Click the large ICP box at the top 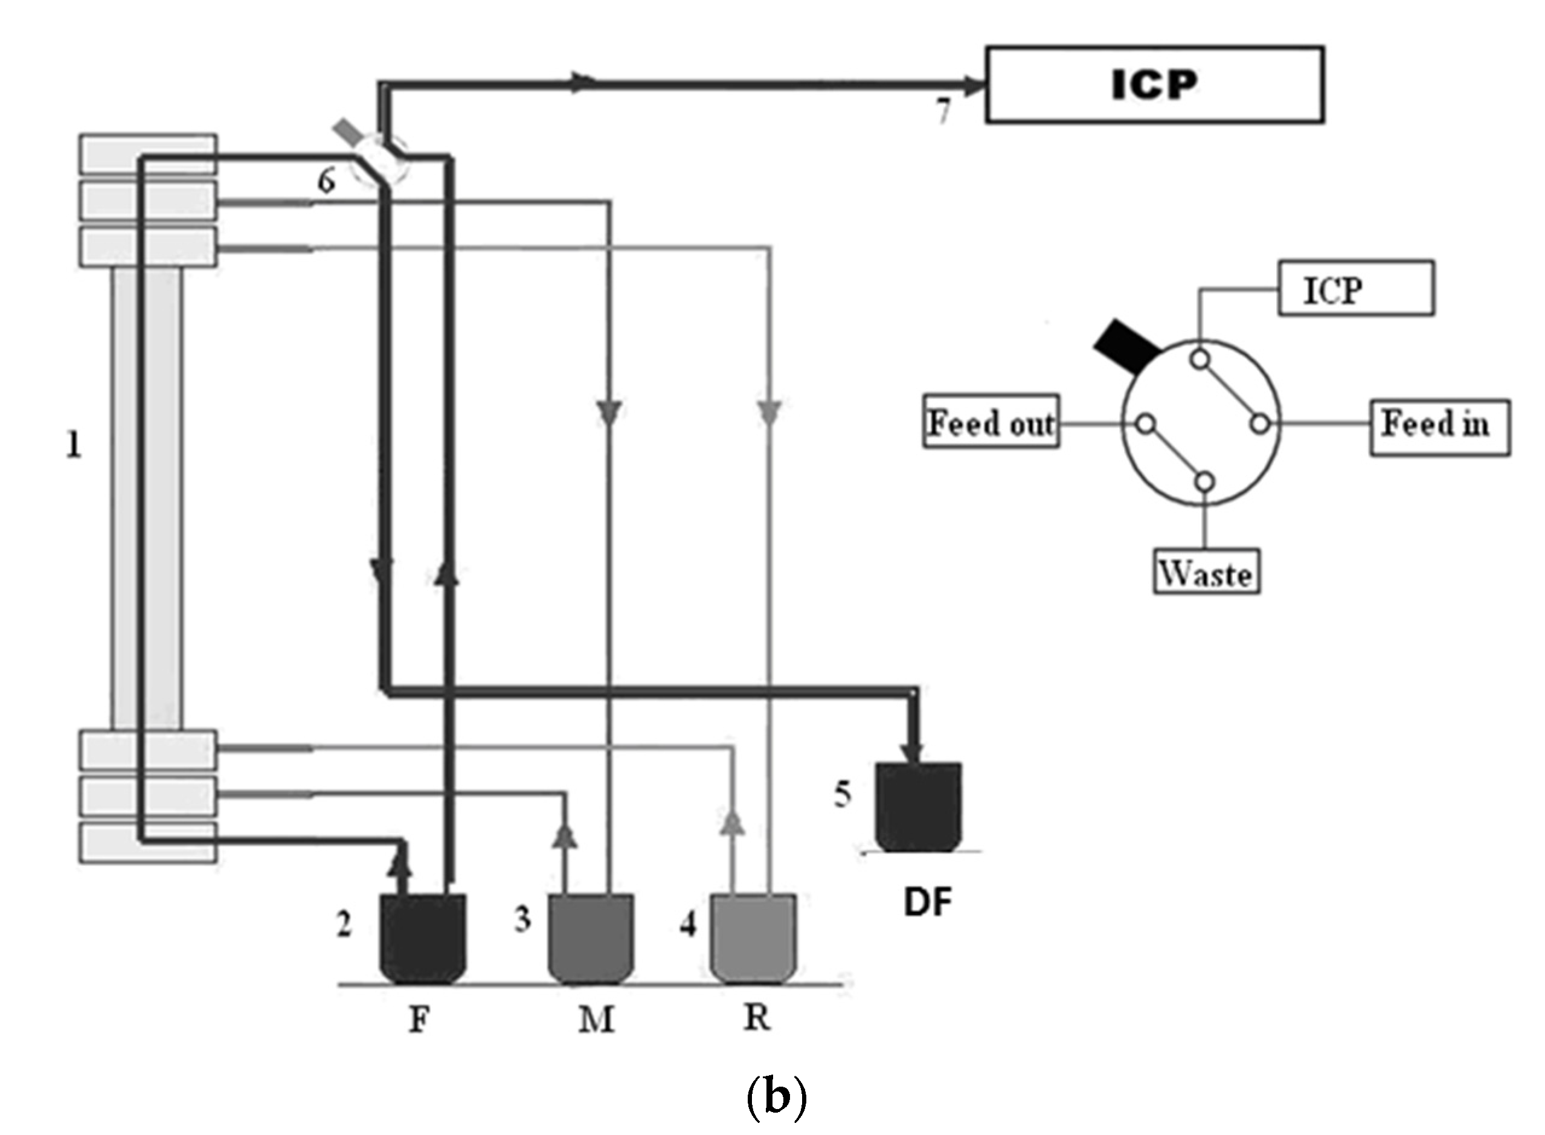(1154, 85)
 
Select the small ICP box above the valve (1355, 289)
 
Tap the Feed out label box (991, 422)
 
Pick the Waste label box (1206, 572)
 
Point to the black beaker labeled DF (918, 807)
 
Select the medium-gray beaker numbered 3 (591, 938)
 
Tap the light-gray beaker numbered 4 (753, 938)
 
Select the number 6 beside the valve (326, 181)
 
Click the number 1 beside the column (74, 445)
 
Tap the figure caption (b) (776, 1099)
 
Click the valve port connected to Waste (1204, 482)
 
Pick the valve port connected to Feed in (1259, 424)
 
